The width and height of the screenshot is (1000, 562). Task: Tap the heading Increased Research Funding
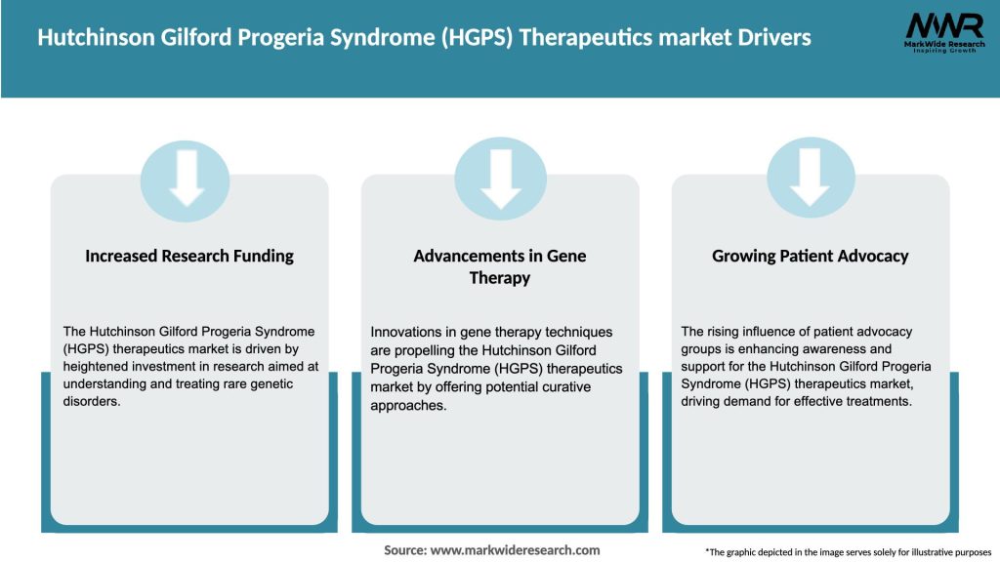click(189, 257)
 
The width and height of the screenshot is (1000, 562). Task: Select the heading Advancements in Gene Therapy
click(499, 266)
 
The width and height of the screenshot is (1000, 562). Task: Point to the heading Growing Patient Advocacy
click(810, 257)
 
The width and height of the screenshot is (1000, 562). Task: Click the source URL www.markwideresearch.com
click(516, 550)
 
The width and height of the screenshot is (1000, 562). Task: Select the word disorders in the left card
click(93, 402)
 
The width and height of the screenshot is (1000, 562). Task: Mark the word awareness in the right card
click(867, 348)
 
